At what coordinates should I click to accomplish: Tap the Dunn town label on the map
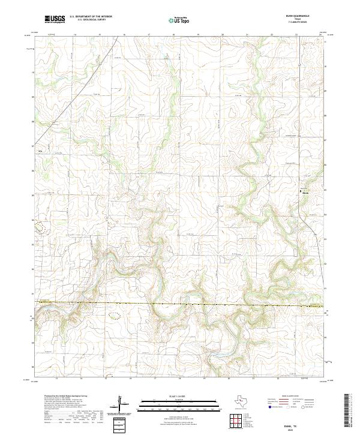305,193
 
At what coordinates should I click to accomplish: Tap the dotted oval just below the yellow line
115,314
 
